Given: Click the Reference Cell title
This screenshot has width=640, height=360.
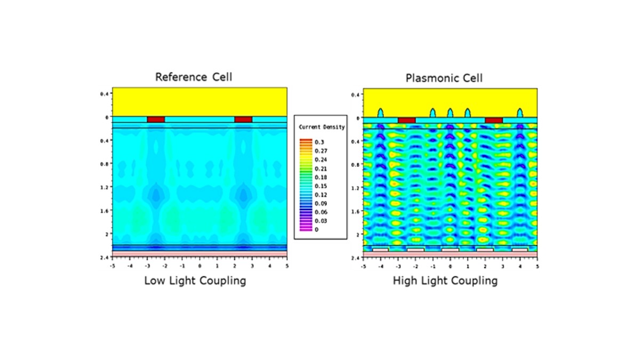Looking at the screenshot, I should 194,77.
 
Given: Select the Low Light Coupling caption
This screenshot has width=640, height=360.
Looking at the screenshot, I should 195,281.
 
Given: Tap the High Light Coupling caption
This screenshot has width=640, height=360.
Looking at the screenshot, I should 445,281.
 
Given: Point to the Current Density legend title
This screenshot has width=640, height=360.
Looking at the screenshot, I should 321,127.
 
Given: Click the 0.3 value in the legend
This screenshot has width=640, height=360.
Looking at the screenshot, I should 321,142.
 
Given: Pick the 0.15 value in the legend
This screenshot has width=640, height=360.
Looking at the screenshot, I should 321,186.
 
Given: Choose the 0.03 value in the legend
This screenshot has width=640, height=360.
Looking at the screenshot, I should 321,221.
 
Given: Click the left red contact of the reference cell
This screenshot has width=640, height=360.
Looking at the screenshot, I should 156,119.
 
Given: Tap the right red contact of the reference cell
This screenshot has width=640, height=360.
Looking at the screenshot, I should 243,119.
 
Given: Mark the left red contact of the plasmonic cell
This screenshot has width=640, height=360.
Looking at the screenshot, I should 406,121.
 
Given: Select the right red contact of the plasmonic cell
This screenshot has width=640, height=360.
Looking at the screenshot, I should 493,121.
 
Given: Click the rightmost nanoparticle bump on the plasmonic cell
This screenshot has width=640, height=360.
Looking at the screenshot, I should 520,113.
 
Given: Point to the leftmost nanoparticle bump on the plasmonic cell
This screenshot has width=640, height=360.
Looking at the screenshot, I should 380,113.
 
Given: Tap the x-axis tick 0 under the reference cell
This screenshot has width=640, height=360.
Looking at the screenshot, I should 200,265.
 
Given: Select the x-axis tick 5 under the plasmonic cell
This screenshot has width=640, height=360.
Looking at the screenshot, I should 537,265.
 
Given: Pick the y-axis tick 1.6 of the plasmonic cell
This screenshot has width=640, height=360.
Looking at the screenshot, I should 355,211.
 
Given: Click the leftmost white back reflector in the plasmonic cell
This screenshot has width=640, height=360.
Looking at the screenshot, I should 380,249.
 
